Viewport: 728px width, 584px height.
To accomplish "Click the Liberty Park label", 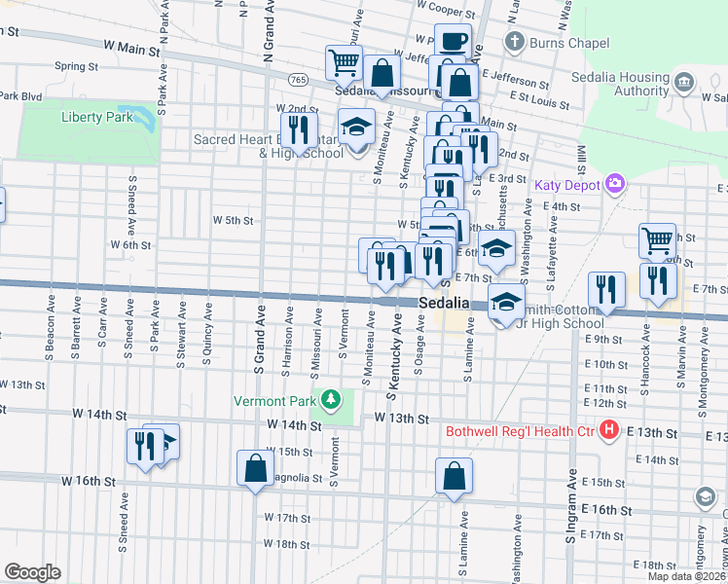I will coord(96,117).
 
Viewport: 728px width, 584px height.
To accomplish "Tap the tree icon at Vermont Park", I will coord(332,399).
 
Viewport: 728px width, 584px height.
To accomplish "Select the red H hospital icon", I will coord(609,429).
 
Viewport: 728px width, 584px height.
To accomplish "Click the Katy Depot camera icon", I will coord(614,182).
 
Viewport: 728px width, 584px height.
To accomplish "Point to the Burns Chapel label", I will coord(568,43).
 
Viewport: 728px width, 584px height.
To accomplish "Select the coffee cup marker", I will coord(453,42).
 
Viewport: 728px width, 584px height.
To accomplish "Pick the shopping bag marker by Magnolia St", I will coord(255,468).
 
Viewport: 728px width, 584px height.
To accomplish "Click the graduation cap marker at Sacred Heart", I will coord(356,126).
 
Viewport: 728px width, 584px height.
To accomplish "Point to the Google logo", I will coord(32,572).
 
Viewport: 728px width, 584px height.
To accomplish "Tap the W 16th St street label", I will coord(89,481).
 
